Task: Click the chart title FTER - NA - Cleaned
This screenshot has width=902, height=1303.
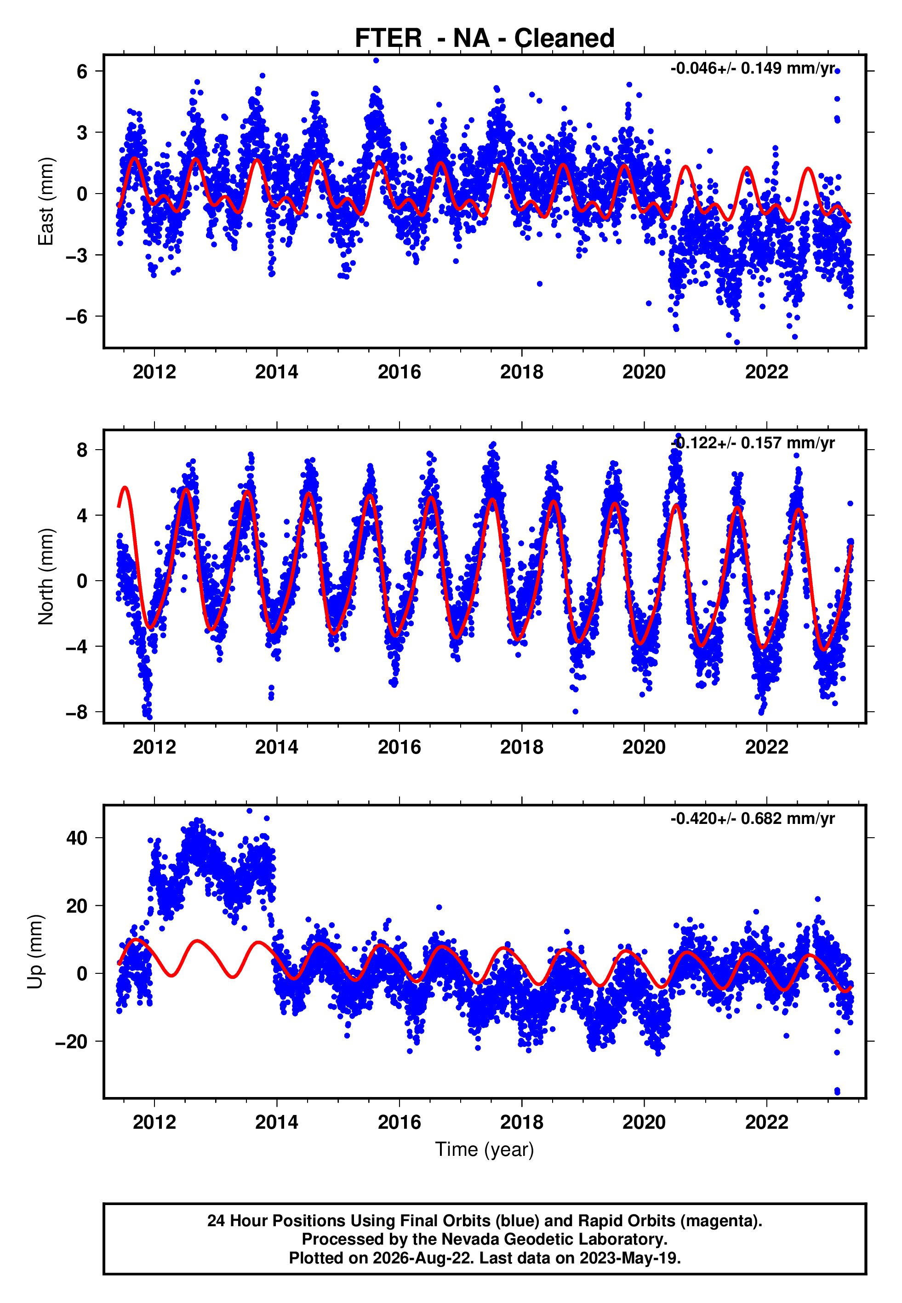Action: point(485,39)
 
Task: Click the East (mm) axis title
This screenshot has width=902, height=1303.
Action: point(46,202)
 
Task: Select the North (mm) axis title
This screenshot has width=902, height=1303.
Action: point(46,577)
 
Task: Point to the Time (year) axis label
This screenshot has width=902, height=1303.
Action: point(485,1150)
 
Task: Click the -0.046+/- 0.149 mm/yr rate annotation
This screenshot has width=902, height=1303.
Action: point(752,69)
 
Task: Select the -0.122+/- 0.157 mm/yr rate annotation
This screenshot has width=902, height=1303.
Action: point(752,443)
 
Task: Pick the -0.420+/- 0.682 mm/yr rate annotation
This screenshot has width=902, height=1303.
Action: point(752,818)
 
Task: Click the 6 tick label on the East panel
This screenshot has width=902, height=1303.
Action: point(82,71)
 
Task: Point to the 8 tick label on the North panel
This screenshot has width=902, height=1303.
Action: point(82,450)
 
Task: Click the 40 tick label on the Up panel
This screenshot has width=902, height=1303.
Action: point(77,838)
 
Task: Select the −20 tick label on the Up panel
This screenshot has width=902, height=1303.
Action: point(71,1041)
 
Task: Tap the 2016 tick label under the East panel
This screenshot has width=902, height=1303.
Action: point(399,372)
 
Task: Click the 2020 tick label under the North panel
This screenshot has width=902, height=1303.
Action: point(644,747)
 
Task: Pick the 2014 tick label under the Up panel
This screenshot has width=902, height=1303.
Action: point(276,1122)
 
